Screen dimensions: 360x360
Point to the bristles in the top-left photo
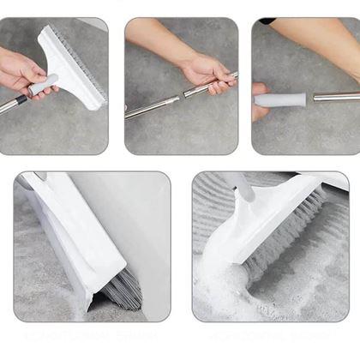click(86, 60)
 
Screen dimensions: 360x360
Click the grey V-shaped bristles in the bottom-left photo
click(124, 291)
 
